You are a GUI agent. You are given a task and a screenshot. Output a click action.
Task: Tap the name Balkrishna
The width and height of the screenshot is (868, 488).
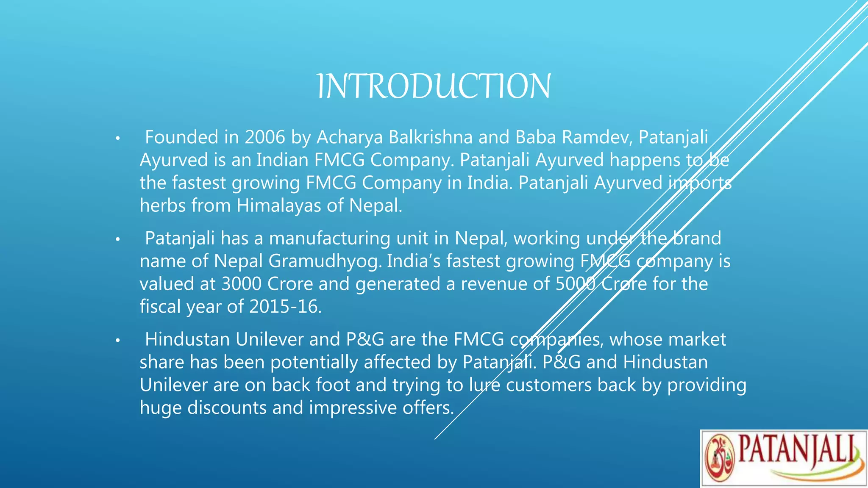point(431,137)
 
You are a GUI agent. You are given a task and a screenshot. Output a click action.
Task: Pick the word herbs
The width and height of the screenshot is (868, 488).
point(162,206)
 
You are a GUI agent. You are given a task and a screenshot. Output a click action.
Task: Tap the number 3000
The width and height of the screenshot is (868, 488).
point(241,284)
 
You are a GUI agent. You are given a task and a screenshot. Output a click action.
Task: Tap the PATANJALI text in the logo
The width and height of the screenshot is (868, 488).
point(797,450)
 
